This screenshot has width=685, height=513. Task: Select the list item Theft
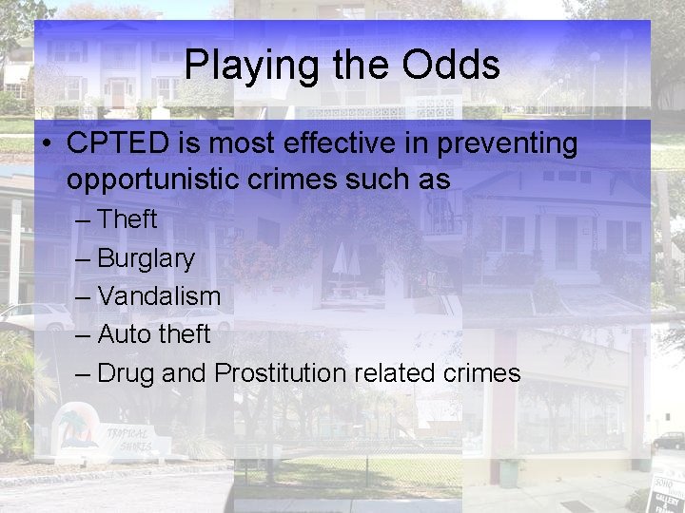(x=127, y=219)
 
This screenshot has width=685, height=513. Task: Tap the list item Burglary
(x=146, y=258)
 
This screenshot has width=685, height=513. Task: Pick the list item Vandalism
(x=159, y=295)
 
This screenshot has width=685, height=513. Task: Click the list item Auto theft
(x=153, y=334)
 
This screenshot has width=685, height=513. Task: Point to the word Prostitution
(x=281, y=372)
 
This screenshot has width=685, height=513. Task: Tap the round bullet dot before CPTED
(x=46, y=144)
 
